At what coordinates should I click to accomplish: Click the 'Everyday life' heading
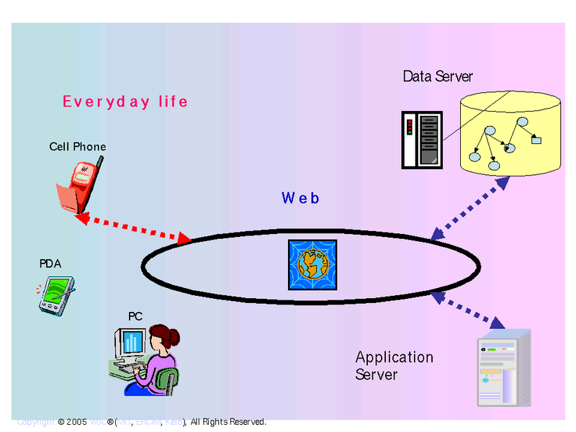tap(125, 102)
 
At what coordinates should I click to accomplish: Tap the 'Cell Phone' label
tap(77, 147)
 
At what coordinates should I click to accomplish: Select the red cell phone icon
tap(77, 184)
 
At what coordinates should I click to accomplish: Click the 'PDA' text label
tap(50, 264)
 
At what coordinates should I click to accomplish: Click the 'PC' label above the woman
tap(135, 316)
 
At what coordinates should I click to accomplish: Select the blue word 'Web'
tap(300, 198)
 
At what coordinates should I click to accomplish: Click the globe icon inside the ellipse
tap(312, 265)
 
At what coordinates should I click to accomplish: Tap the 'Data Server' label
tap(438, 76)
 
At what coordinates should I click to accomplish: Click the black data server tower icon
tap(421, 140)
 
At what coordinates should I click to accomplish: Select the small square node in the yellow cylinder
tap(536, 140)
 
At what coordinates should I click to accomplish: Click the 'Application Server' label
tap(394, 366)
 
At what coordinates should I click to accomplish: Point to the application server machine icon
tap(503, 368)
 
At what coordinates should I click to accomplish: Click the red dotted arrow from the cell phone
tap(132, 228)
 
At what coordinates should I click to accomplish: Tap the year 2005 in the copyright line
tap(76, 422)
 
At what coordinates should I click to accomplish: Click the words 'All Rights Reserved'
tap(228, 422)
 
